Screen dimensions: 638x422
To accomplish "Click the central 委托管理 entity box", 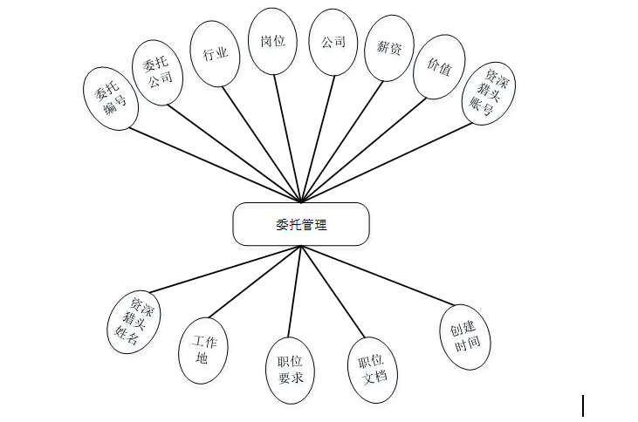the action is (300, 224).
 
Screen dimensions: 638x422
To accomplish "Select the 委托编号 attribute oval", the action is (108, 98).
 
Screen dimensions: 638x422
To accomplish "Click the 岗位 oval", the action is (273, 41).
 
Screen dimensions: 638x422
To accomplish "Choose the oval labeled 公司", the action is (333, 42).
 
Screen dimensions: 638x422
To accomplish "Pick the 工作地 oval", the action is (204, 350).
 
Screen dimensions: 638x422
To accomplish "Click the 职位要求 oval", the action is (289, 371).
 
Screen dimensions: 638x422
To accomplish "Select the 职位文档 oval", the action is (372, 370).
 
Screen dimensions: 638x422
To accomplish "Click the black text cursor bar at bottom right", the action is (582, 405).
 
